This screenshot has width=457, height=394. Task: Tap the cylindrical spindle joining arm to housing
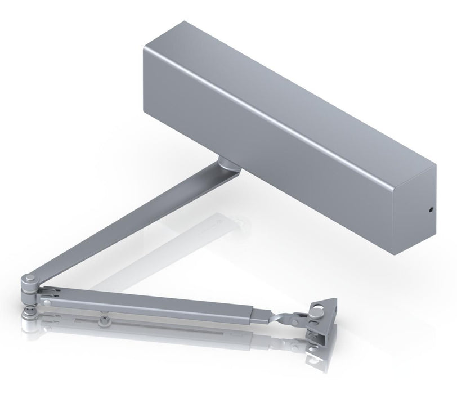(226, 163)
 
